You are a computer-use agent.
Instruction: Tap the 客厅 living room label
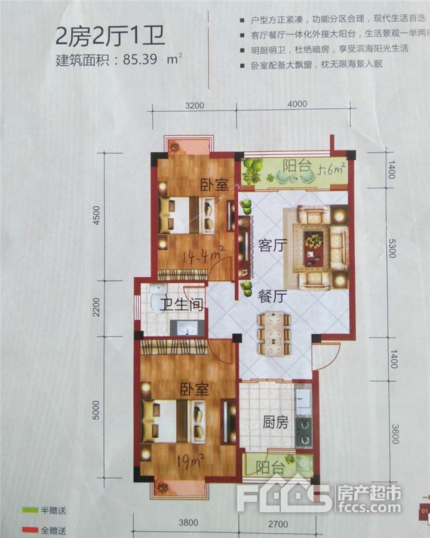click(x=271, y=246)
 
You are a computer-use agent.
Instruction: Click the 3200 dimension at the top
click(x=195, y=105)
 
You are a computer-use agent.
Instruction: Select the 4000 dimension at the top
click(x=297, y=104)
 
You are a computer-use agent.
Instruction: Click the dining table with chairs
click(x=274, y=334)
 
